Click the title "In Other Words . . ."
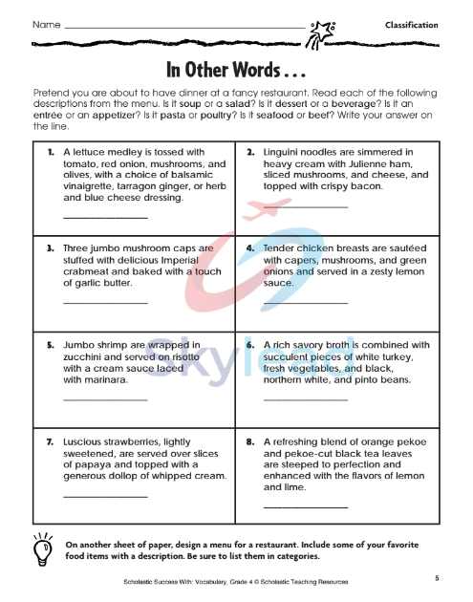coord(236,72)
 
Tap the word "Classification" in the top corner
coord(411,25)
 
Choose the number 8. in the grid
coord(249,443)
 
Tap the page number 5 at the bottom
coord(436,578)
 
